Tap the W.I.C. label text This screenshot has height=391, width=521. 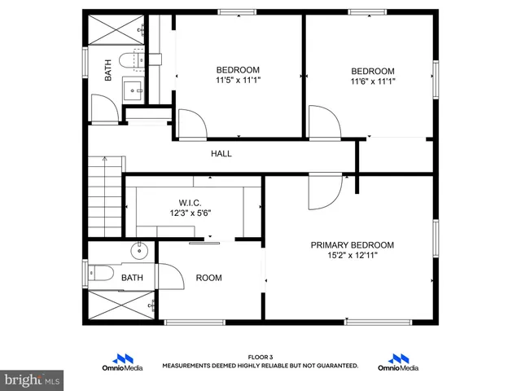point(190,202)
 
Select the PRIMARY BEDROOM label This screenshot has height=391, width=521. point(352,244)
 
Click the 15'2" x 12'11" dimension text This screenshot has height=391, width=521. point(352,255)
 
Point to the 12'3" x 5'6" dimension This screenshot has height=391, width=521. point(190,213)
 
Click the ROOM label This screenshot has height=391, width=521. point(208,278)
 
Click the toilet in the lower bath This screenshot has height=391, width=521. point(99,273)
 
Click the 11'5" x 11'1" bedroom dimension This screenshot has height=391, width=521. point(238,80)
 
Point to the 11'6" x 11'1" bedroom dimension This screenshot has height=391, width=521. point(373,81)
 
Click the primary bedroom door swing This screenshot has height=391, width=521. point(326,191)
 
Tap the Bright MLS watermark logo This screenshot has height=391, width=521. point(33,380)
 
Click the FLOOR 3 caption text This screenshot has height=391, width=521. point(260,357)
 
